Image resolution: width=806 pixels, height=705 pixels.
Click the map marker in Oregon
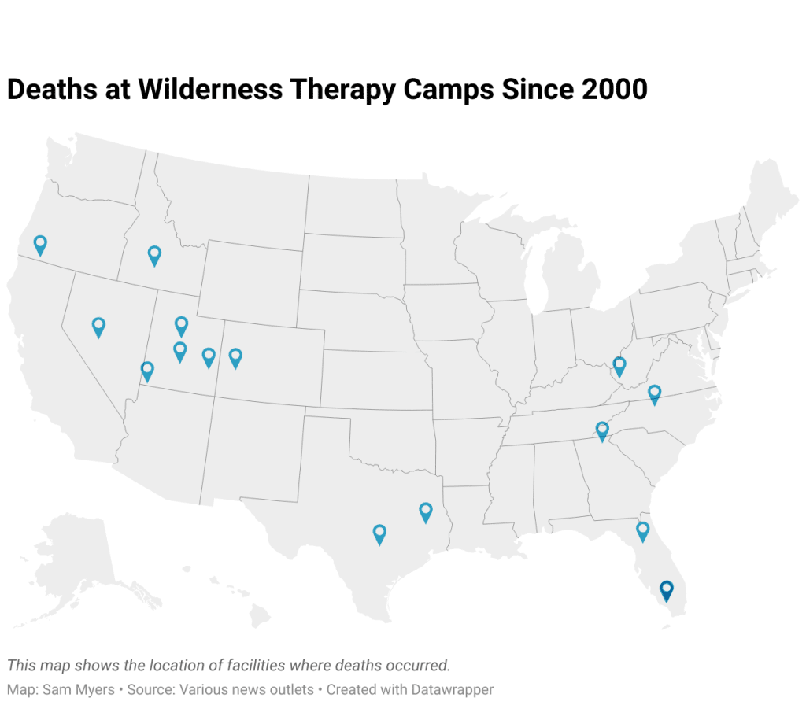pyautogui.click(x=40, y=245)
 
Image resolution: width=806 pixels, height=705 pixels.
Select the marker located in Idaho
pyautogui.click(x=154, y=255)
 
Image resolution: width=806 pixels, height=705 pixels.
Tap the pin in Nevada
pyautogui.click(x=98, y=327)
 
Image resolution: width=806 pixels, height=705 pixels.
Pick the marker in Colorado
pyautogui.click(x=235, y=358)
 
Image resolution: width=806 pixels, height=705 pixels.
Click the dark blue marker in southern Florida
pyautogui.click(x=667, y=590)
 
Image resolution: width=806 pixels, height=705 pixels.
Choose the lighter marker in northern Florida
pyautogui.click(x=642, y=531)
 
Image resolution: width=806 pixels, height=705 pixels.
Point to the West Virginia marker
pyautogui.click(x=619, y=366)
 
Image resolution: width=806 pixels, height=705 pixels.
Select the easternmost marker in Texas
pyautogui.click(x=426, y=512)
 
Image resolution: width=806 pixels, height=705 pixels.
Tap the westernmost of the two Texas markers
pyautogui.click(x=379, y=534)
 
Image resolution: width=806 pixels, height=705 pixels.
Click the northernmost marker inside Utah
pyautogui.click(x=181, y=326)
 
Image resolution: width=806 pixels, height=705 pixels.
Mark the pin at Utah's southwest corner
pyautogui.click(x=147, y=371)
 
